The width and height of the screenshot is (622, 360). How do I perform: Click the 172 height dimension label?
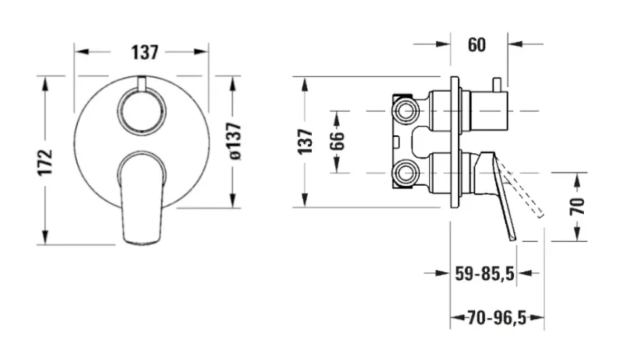45,162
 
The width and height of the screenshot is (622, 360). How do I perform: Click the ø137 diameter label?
235,142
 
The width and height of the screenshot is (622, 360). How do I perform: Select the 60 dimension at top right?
477,44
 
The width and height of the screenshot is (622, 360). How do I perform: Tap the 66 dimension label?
337,141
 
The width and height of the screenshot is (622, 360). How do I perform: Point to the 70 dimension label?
578,206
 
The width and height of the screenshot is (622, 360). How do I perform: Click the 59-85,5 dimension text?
484,274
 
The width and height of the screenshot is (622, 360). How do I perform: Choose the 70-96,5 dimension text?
497,317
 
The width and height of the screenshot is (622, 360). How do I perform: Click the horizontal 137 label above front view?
145,52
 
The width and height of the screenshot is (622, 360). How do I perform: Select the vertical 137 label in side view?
306,142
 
